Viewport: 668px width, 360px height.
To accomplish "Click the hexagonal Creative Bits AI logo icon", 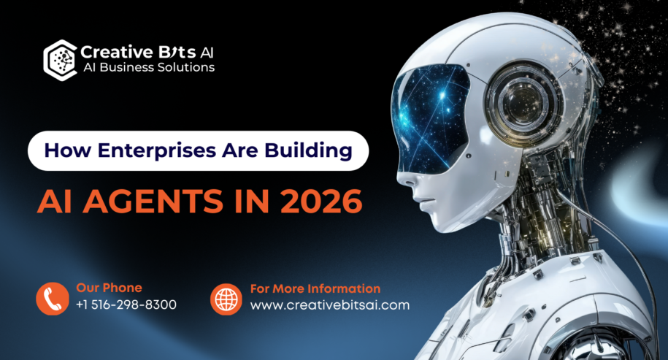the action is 60,60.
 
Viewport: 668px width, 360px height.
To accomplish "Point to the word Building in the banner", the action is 308,151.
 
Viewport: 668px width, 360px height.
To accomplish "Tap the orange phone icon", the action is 53,299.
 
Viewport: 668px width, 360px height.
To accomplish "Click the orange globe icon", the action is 226,299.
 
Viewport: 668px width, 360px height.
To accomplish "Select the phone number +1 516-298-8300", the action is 126,305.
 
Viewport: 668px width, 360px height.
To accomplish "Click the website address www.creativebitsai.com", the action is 330,305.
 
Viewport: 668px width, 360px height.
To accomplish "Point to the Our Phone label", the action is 109,288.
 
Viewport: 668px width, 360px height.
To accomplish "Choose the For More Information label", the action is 315,288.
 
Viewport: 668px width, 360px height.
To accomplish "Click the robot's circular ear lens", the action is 524,102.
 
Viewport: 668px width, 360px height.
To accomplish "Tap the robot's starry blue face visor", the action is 429,118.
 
